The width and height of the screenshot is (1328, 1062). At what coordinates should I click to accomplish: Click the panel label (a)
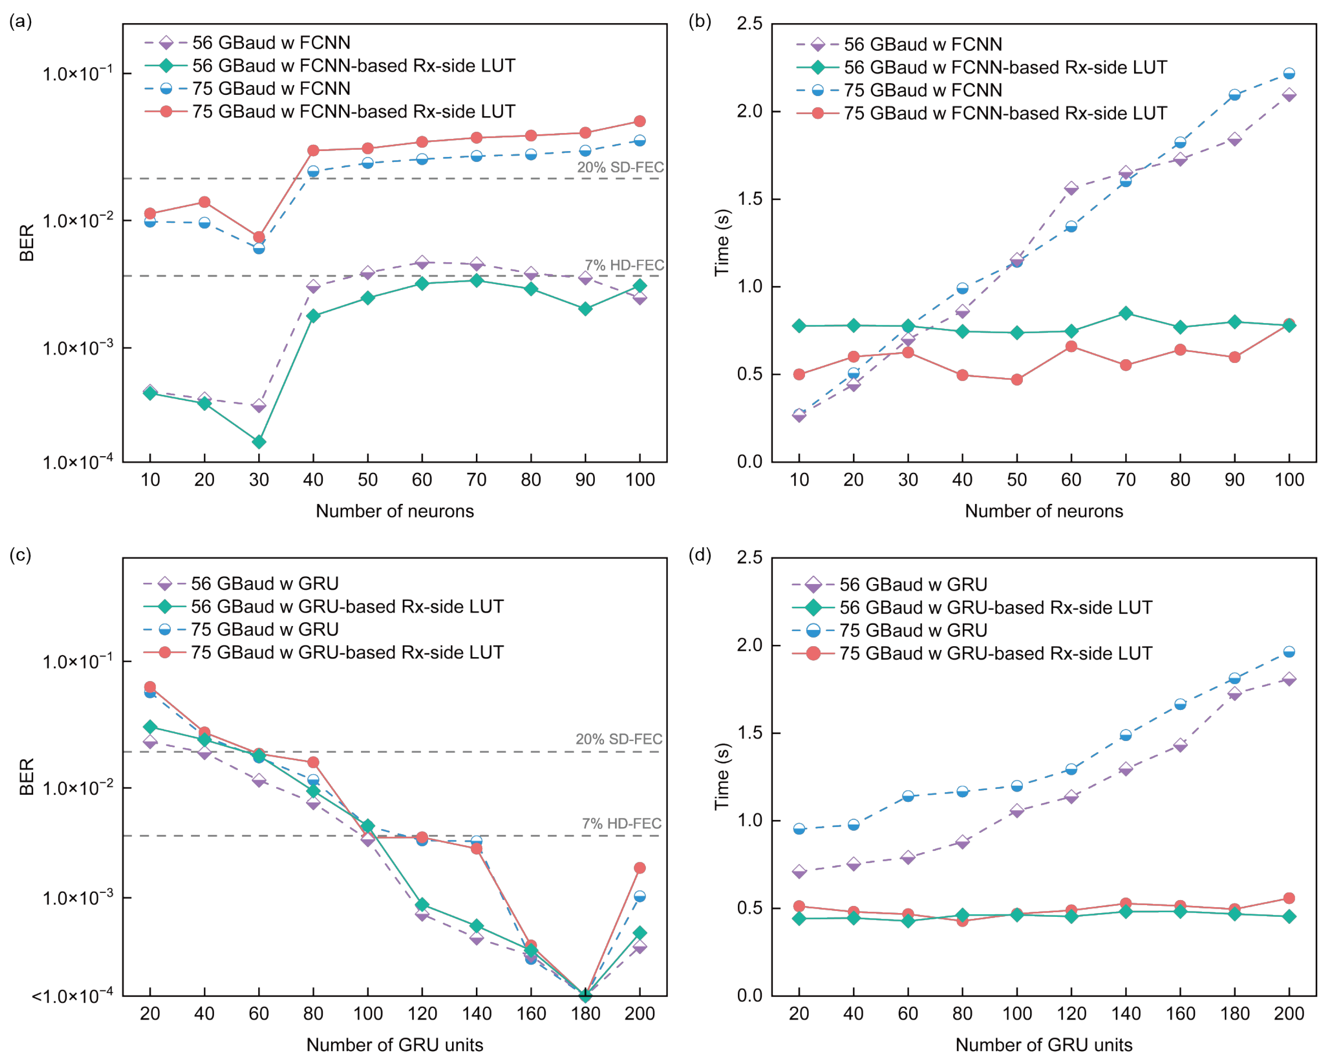[x=20, y=21]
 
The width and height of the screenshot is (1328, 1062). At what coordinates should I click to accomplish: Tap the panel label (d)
[x=699, y=555]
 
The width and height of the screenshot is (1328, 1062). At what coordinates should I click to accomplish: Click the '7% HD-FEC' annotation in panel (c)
[x=622, y=823]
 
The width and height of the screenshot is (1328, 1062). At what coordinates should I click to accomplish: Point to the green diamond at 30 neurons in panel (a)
[x=259, y=442]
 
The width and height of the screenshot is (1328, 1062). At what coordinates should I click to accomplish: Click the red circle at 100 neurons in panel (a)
[x=639, y=121]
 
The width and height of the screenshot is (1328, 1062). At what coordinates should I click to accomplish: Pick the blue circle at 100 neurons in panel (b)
[x=1289, y=73]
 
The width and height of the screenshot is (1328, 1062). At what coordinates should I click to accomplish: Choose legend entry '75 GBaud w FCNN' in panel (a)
[x=271, y=89]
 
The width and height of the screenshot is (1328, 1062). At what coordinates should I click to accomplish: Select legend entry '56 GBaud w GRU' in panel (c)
[x=264, y=583]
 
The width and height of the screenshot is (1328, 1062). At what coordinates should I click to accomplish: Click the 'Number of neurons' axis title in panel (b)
[x=1043, y=511]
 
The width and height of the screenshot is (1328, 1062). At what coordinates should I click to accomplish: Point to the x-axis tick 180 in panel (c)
[x=585, y=1013]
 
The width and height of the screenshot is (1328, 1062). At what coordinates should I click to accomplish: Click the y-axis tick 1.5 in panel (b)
[x=750, y=199]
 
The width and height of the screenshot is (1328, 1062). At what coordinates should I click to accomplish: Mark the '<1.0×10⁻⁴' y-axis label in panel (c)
[x=72, y=996]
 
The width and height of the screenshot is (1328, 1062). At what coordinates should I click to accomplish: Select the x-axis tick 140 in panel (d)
[x=1125, y=1013]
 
